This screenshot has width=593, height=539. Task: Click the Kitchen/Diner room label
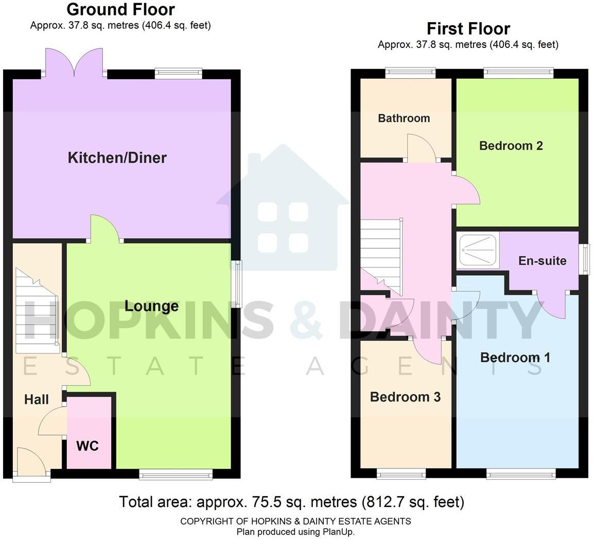pyautogui.click(x=117, y=158)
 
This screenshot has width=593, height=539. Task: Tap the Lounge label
pyautogui.click(x=151, y=306)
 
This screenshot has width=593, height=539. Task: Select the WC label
pyautogui.click(x=88, y=446)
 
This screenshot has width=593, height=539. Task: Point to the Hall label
pyautogui.click(x=37, y=399)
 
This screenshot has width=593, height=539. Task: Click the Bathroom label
pyautogui.click(x=404, y=119)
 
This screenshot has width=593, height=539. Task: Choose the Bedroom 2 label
pyautogui.click(x=511, y=146)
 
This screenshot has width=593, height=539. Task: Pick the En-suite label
pyautogui.click(x=542, y=261)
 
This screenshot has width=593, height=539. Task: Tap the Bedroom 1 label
pyautogui.click(x=515, y=358)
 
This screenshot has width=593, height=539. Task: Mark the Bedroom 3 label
pyautogui.click(x=405, y=397)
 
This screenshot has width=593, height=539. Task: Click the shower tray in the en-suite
pyautogui.click(x=477, y=250)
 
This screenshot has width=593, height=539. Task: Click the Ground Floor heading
pyautogui.click(x=120, y=9)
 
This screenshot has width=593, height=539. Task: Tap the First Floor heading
pyautogui.click(x=468, y=28)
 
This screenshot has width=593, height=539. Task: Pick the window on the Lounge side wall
pyautogui.click(x=236, y=284)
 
